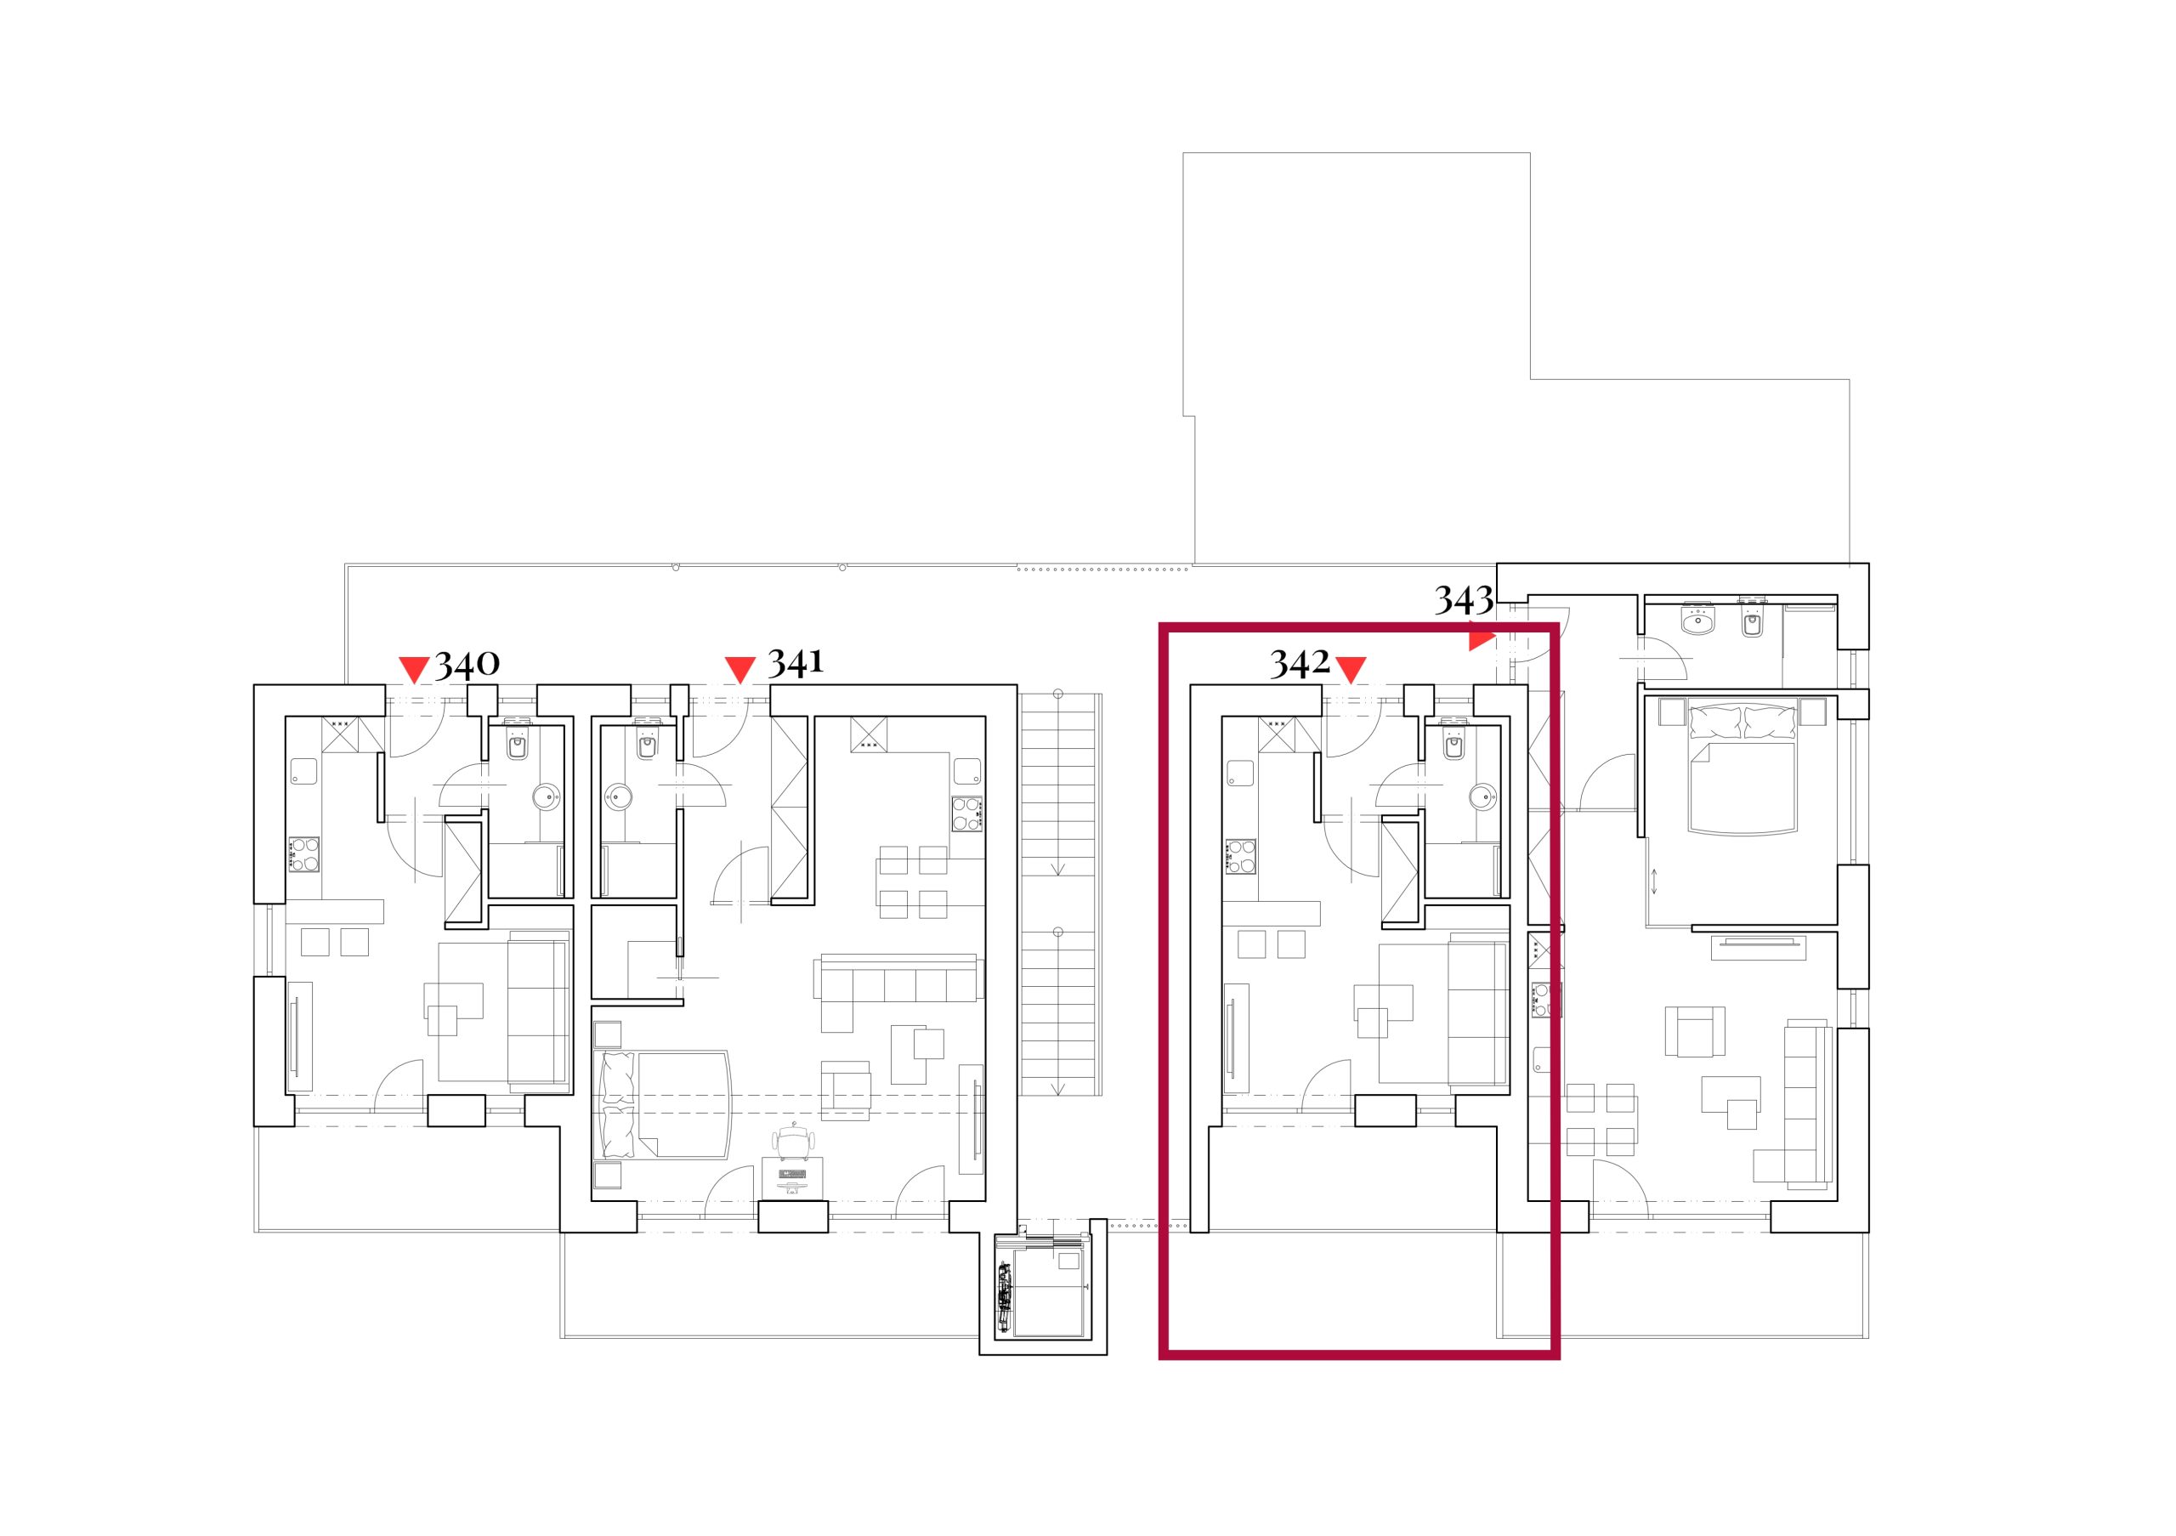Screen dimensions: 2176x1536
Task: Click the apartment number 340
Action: coord(467,663)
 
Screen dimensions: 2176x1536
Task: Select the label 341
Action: coord(795,661)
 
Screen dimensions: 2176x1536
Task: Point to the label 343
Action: coord(1464,600)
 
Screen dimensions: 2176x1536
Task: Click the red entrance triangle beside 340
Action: coord(414,668)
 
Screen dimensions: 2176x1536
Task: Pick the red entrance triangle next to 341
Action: coord(739,668)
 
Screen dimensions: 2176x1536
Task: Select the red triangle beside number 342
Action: coord(1351,668)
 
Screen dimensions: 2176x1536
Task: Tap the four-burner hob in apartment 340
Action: coord(304,853)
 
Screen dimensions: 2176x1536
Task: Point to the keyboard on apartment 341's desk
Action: coord(792,1175)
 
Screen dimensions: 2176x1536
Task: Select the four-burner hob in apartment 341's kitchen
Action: coord(966,813)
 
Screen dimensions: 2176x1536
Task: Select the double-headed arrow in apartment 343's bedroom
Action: coord(1655,881)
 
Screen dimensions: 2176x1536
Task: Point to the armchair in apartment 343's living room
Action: coord(1692,1031)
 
